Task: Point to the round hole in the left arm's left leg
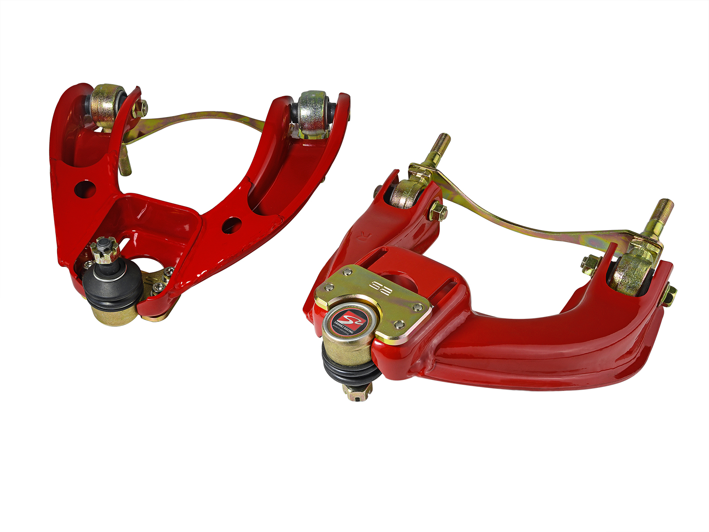click(85, 189)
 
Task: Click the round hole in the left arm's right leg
click(231, 225)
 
